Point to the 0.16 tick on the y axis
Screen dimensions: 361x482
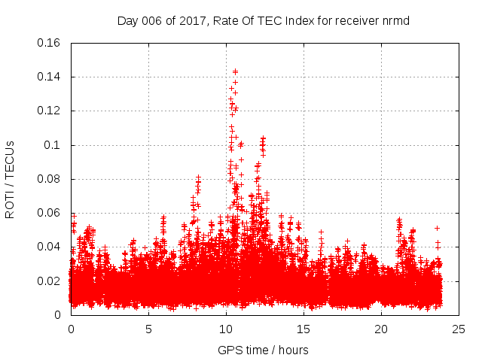tap(50, 42)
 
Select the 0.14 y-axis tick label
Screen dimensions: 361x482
tap(50, 77)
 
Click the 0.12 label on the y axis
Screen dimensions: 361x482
tap(50, 111)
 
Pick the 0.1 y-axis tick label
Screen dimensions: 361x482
tap(53, 144)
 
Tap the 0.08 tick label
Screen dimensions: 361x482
tap(50, 179)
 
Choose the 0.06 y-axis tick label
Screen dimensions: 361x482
tap(50, 213)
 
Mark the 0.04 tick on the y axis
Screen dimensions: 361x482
tap(50, 247)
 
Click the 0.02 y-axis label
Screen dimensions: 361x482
tap(50, 281)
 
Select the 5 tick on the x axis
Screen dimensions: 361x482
tap(148, 329)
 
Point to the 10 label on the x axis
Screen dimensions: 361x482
tap(226, 329)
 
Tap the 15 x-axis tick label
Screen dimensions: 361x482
tap(304, 329)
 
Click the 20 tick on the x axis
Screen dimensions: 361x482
tap(381, 329)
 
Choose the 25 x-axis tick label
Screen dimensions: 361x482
tap(459, 329)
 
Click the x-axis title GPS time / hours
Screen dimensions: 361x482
tap(264, 350)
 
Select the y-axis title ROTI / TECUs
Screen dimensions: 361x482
tap(11, 178)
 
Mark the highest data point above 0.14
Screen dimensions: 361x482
tap(235, 71)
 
